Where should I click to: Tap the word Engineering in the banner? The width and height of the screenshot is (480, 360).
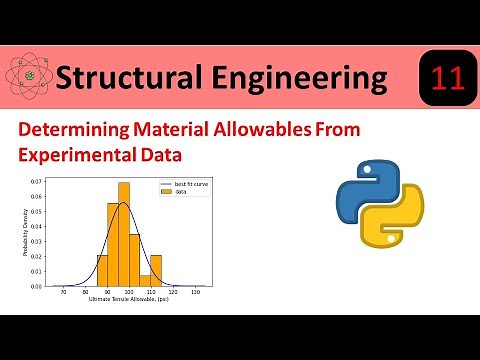[x=299, y=78]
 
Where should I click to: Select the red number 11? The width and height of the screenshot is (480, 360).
[x=443, y=78]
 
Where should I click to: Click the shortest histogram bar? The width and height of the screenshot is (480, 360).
[x=145, y=280]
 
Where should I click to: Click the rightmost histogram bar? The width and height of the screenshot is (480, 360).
[x=155, y=270]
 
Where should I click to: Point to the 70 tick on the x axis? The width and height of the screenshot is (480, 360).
[x=64, y=291]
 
